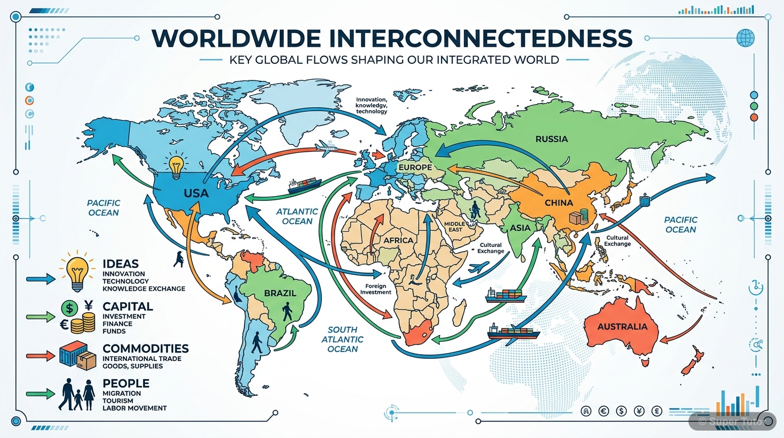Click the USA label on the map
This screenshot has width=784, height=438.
(x=196, y=193)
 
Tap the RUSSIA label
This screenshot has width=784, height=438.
(x=552, y=139)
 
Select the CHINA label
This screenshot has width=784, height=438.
(x=558, y=203)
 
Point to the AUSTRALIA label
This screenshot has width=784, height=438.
(x=622, y=327)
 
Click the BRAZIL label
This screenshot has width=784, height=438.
(x=280, y=293)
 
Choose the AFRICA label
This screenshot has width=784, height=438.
(x=398, y=240)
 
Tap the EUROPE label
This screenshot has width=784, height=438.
(x=415, y=167)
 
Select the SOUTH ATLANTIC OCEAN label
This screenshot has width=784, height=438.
(x=342, y=339)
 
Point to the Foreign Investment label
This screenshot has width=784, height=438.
(x=376, y=289)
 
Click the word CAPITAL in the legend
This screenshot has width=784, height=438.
(x=128, y=306)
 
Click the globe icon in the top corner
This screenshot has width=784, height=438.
(x=745, y=38)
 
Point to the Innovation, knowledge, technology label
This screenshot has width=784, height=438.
(x=371, y=106)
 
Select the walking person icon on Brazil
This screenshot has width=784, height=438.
(x=287, y=311)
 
